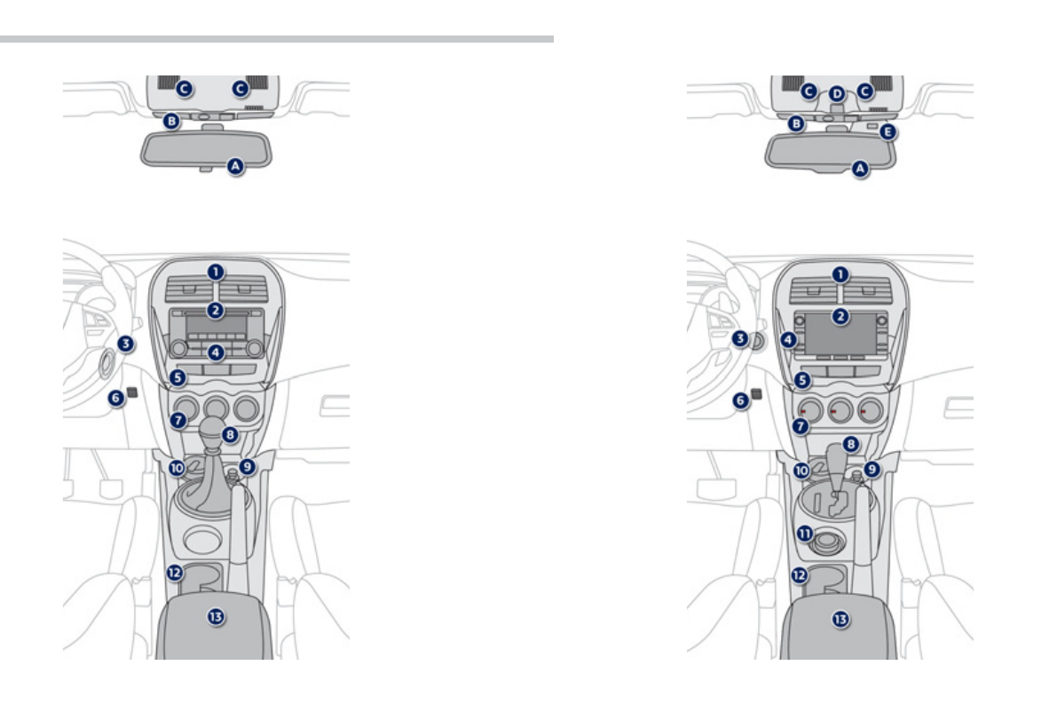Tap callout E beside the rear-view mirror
[x=888, y=132]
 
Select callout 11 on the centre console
[x=804, y=534]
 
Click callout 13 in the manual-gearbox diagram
[x=215, y=616]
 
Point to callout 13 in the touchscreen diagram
[x=840, y=618]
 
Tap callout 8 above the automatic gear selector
[x=850, y=442]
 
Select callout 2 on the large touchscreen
[x=840, y=315]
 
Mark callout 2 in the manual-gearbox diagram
[x=215, y=310]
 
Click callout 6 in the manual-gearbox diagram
[x=116, y=399]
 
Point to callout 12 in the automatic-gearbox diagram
[x=799, y=574]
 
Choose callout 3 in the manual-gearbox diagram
[x=127, y=343]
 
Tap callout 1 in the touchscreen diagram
[x=840, y=274]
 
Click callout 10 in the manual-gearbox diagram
[x=177, y=467]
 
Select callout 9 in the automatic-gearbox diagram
[x=872, y=467]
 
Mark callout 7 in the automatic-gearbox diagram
[x=801, y=426]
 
